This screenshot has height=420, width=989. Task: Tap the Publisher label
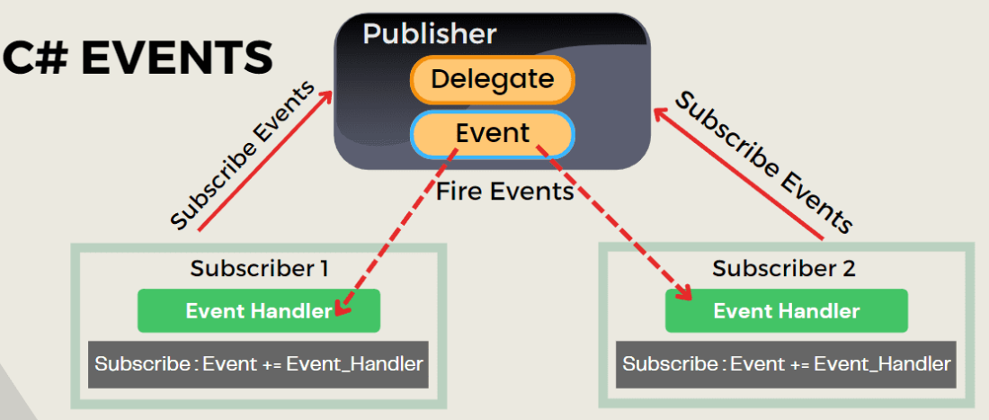tap(429, 34)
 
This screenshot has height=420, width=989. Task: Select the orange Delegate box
tap(492, 80)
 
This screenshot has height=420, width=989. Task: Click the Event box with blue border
tap(492, 134)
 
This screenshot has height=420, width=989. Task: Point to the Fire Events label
tap(504, 191)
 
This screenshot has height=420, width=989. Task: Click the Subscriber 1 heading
tap(259, 268)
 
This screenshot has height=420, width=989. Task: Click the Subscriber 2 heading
tap(784, 268)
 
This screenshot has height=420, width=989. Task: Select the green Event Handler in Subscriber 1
tap(259, 311)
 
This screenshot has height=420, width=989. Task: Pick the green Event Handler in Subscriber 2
tap(786, 311)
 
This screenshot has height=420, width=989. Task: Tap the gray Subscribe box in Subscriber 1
tap(259, 364)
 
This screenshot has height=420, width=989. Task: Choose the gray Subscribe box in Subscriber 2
tap(786, 364)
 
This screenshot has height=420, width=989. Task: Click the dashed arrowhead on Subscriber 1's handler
tap(342, 308)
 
